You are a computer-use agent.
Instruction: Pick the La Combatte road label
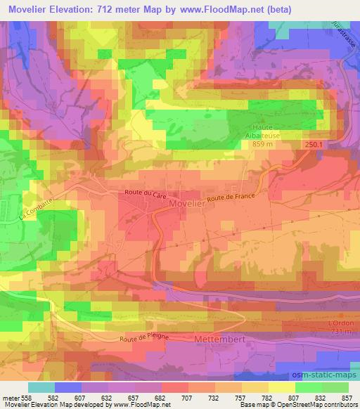(30, 209)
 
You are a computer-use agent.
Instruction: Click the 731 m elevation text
(339, 331)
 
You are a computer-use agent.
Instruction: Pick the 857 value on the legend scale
(345, 397)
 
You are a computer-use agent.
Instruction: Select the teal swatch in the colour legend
(41, 387)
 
